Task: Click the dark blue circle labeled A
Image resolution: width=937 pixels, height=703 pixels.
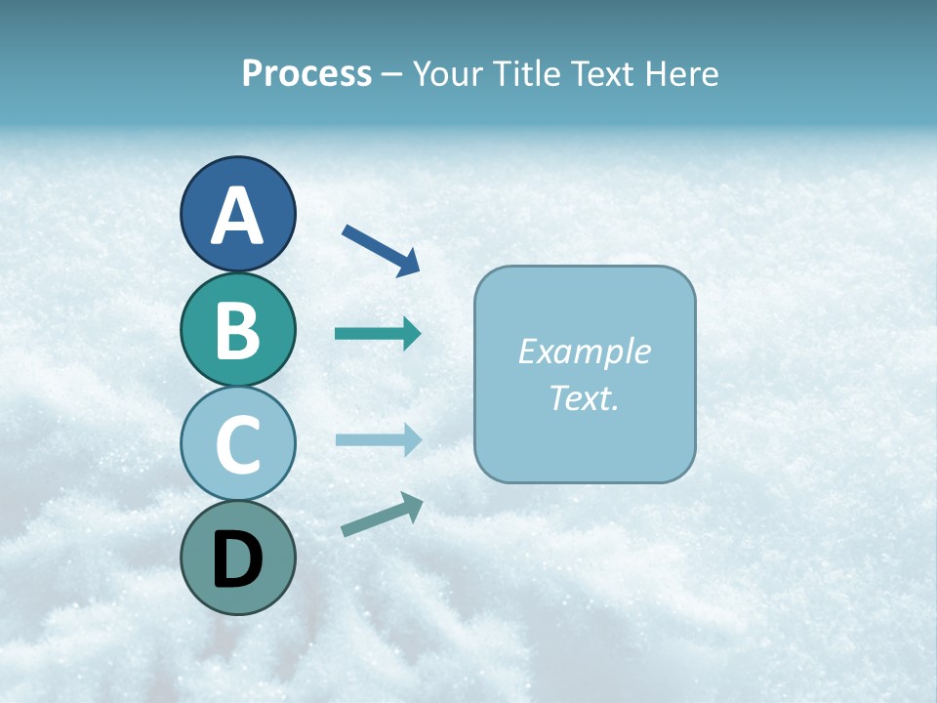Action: coord(237,214)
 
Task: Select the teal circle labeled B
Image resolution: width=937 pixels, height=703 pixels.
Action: coord(237,329)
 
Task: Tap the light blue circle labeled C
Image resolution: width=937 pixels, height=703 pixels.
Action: coord(237,443)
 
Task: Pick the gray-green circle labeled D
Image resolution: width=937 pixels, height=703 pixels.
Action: coord(237,558)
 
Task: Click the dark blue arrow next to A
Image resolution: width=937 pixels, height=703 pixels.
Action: coord(381,249)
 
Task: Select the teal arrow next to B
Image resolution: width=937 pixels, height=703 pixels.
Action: coord(378,334)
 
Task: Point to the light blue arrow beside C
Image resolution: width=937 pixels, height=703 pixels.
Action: coord(378,439)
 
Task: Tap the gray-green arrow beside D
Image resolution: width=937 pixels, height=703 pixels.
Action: coord(382,515)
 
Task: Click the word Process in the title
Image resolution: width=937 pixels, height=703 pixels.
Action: coord(306,74)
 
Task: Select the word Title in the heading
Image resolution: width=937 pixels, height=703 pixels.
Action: coord(527,74)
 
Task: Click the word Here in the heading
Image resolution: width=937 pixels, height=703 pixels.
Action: coord(681,74)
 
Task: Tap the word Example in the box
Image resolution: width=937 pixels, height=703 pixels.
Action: coord(584,351)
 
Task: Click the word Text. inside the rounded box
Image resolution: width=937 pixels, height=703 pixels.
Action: coord(584,397)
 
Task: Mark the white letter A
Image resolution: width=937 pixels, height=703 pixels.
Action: coord(237,216)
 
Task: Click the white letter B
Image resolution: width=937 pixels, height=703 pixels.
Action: coord(237,330)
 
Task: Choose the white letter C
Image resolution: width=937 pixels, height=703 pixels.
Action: coord(237,444)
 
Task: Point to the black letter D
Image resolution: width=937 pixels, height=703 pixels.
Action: coord(237,559)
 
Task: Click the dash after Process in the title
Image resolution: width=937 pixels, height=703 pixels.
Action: coord(392,75)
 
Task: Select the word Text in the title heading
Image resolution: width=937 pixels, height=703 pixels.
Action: coord(602,74)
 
